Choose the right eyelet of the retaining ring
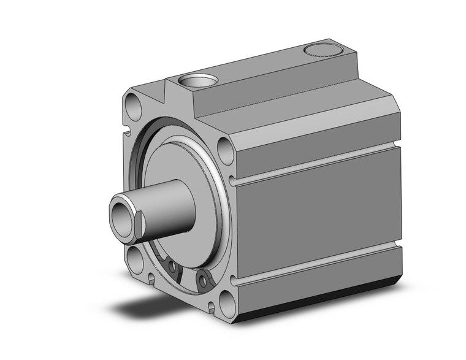click(201, 281)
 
